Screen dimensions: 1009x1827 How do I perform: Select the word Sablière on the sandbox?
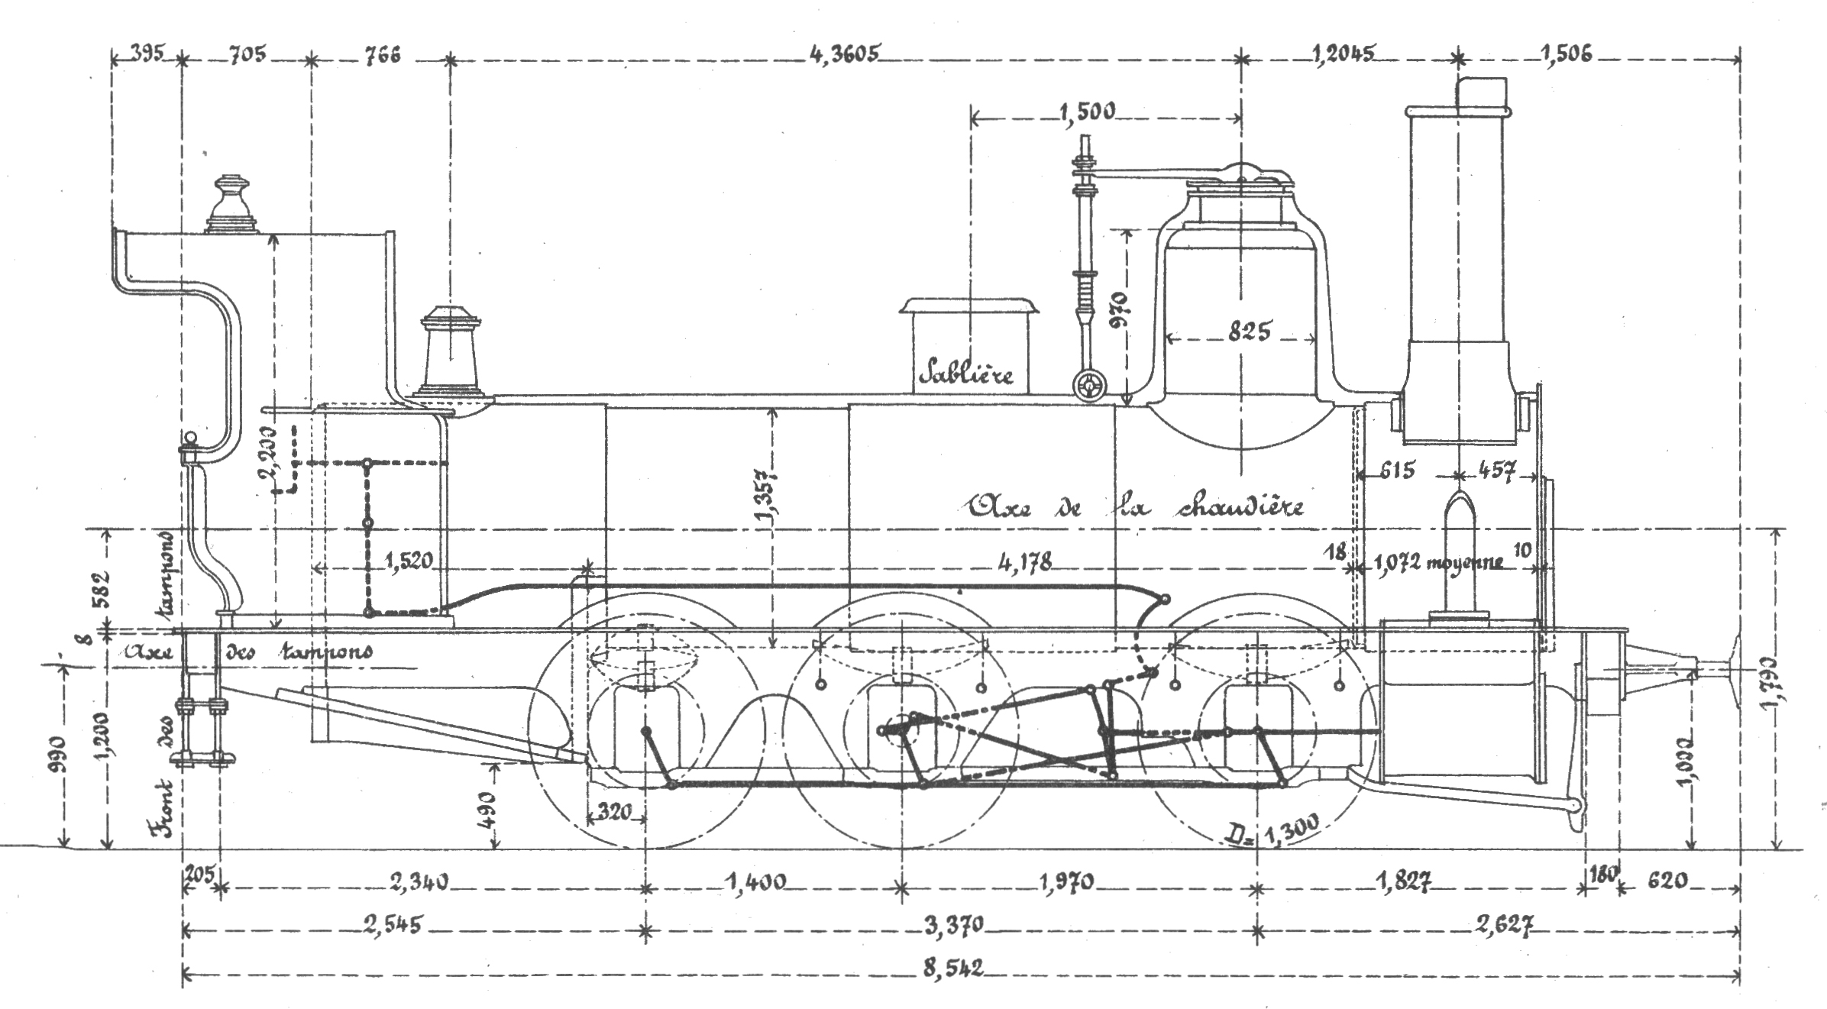coord(968,374)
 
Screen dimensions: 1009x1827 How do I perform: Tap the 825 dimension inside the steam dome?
coord(1250,332)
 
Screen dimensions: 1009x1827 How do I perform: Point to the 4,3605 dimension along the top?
coord(846,54)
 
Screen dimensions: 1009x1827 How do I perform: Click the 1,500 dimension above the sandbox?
coord(1087,112)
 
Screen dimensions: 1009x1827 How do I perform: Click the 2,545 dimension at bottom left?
coord(393,925)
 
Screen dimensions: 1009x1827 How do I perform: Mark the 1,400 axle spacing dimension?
coord(755,882)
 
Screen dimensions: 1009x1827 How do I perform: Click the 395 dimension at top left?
coord(145,54)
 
